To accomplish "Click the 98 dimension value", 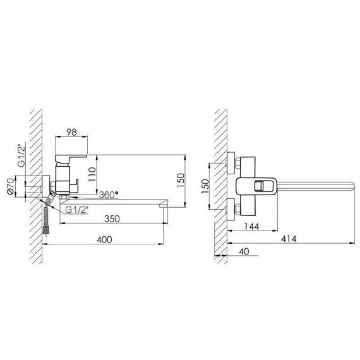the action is coord(71,132).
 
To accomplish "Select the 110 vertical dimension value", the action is coord(92,174).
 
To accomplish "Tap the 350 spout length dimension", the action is coord(112,219).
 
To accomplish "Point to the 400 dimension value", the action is coord(104,240).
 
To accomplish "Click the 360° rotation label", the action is coord(109,195).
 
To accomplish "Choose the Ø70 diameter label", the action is coord(11,186).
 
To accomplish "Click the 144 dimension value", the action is coord(251,226).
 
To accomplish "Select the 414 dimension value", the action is coord(289,239).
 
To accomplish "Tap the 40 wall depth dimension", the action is coord(244,251).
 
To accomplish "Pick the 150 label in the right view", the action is coord(205,186).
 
